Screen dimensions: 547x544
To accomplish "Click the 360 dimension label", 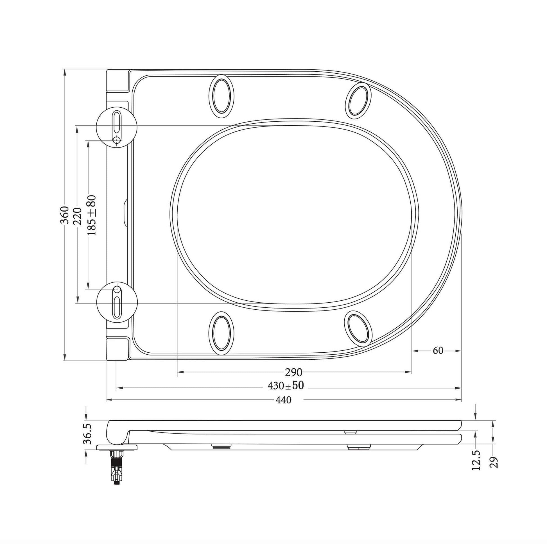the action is pyautogui.click(x=65, y=215).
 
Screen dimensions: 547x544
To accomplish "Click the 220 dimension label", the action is pyautogui.click(x=77, y=216).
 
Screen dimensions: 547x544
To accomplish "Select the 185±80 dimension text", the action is pyautogui.click(x=91, y=215).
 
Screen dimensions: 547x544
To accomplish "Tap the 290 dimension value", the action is pyautogui.click(x=294, y=373).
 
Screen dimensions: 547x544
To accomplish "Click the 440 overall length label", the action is pyautogui.click(x=283, y=400).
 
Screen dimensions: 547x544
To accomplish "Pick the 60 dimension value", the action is pyautogui.click(x=438, y=351).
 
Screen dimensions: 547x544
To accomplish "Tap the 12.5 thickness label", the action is pyautogui.click(x=476, y=460).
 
